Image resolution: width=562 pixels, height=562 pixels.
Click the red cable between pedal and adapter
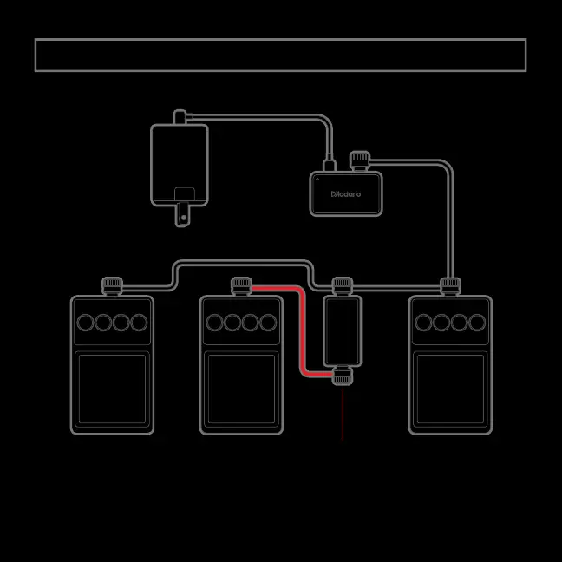(x=301, y=330)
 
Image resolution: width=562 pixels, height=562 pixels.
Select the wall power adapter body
(x=180, y=165)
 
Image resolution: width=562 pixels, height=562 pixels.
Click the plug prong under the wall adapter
(x=182, y=215)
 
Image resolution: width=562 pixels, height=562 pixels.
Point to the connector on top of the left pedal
(x=111, y=284)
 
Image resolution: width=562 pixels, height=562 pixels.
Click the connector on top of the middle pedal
(x=241, y=284)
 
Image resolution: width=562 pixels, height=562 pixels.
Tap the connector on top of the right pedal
(x=450, y=284)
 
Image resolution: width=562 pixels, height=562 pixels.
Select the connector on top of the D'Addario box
(x=359, y=160)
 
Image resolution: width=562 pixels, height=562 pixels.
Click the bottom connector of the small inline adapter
(x=343, y=376)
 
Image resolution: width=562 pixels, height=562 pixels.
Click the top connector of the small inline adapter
(x=343, y=284)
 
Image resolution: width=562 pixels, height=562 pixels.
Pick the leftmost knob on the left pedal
(x=86, y=323)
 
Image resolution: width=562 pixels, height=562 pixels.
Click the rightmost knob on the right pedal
(x=476, y=323)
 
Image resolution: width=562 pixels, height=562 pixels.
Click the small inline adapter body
(x=343, y=330)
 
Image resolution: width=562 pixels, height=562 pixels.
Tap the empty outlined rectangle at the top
(x=280, y=55)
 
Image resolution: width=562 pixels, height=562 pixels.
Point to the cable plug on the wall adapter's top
(x=180, y=116)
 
